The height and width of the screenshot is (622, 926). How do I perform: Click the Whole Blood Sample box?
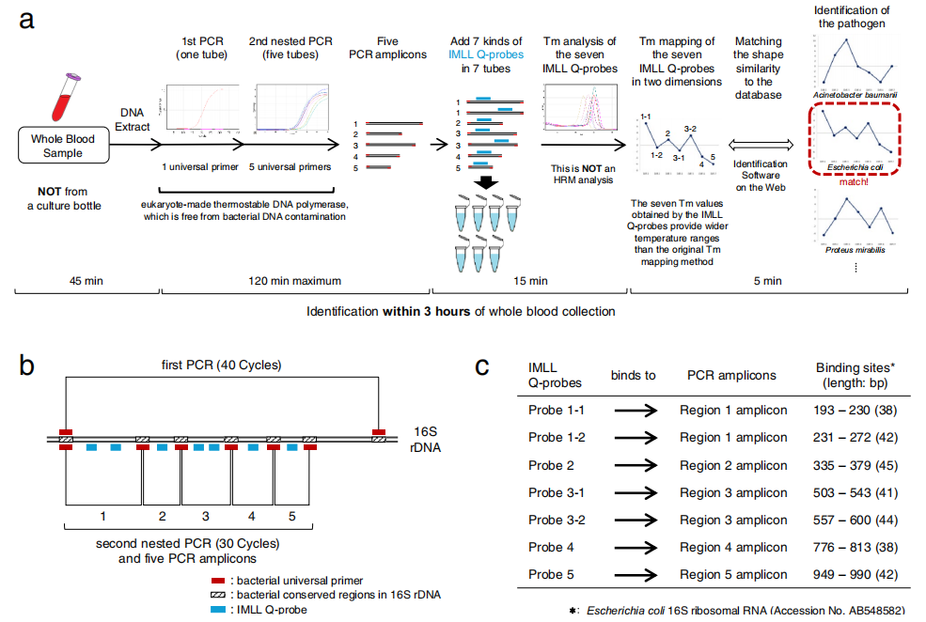coord(64,146)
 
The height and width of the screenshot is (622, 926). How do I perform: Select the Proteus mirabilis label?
coord(855,250)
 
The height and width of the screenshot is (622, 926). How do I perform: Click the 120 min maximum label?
coord(293,280)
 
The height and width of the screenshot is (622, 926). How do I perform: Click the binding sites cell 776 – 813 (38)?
coord(854,547)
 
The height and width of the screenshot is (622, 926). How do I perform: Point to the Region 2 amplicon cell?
coord(733,465)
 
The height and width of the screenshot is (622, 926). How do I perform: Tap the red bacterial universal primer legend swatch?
coord(218,580)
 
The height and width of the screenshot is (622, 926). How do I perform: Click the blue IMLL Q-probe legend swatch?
coord(218,609)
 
